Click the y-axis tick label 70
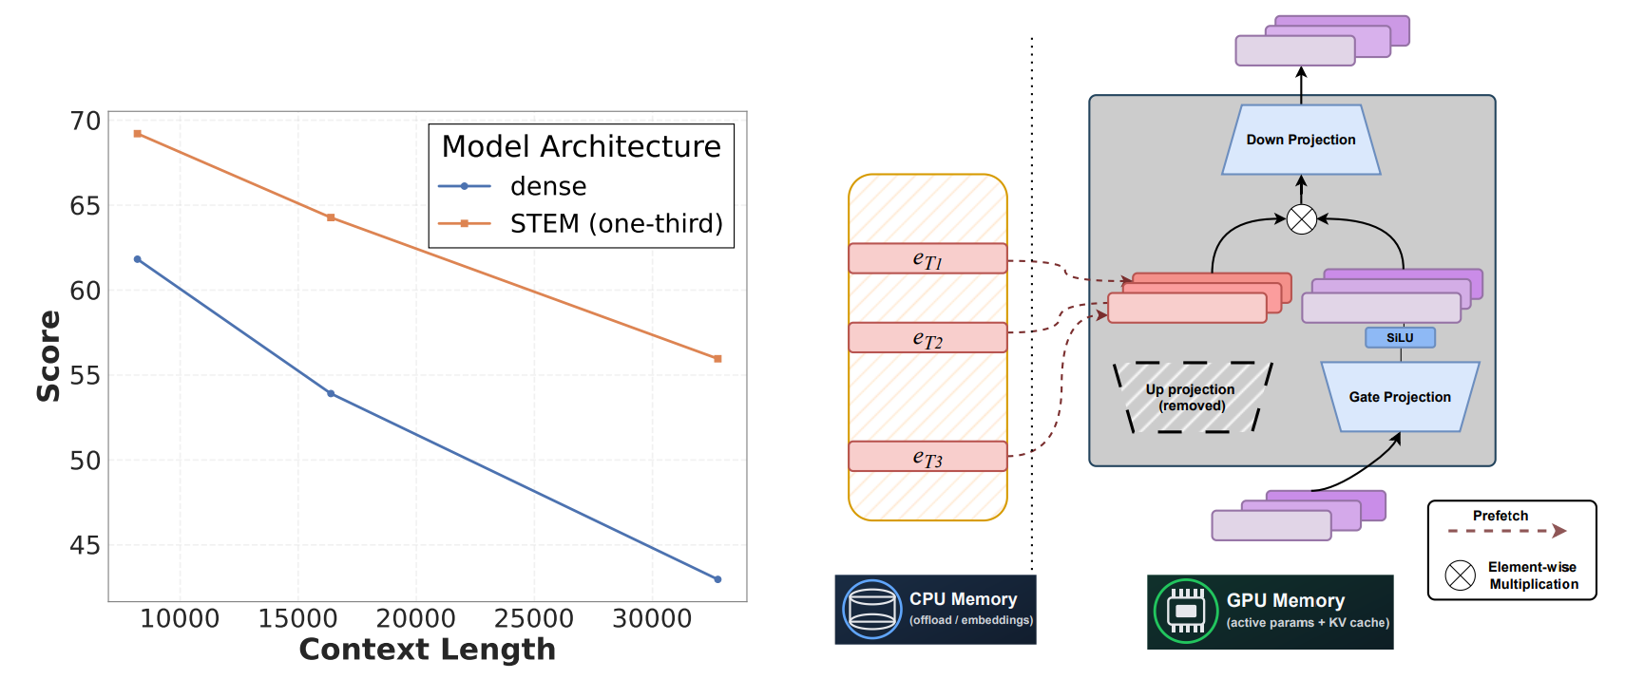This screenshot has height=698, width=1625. [85, 122]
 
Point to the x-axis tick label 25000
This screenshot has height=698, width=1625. [533, 619]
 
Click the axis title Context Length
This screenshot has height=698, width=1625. [427, 650]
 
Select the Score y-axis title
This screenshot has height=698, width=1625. [48, 356]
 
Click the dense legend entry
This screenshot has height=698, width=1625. [547, 186]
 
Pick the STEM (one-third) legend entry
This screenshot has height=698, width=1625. [616, 223]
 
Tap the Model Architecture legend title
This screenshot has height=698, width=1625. [581, 146]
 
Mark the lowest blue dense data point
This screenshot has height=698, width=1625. [717, 579]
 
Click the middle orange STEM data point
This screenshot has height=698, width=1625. [331, 217]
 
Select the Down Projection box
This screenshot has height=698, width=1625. [1300, 140]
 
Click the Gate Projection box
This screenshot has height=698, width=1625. [1399, 397]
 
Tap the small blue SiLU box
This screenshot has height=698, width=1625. [1399, 337]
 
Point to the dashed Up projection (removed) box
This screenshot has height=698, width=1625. [1191, 397]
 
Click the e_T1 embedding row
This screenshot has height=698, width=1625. [927, 258]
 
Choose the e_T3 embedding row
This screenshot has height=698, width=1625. [927, 457]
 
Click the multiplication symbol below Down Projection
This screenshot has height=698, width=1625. [1301, 219]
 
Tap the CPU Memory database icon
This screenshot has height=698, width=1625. [871, 609]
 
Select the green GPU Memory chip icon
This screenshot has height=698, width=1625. [1185, 611]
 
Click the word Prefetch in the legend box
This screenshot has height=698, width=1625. [1500, 516]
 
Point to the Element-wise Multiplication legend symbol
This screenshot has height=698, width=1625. [1460, 575]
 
